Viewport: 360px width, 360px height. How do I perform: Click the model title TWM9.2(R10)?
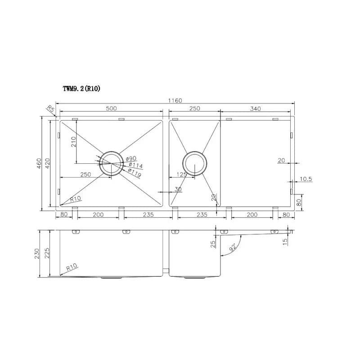pyautogui.click(x=81, y=89)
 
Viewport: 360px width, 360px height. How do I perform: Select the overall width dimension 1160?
pyautogui.click(x=175, y=100)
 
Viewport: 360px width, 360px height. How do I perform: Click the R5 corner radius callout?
pyautogui.click(x=50, y=108)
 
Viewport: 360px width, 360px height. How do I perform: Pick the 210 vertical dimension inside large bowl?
pyautogui.click(x=73, y=142)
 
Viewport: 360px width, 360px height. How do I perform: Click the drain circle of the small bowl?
pyautogui.click(x=195, y=163)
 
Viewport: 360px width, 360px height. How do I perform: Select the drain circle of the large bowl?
pyautogui.click(x=111, y=163)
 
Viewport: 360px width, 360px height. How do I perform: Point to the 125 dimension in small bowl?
pyautogui.click(x=181, y=174)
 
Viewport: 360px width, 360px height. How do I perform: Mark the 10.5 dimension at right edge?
pyautogui.click(x=306, y=179)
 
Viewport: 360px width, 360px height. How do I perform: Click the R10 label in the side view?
pyautogui.click(x=71, y=267)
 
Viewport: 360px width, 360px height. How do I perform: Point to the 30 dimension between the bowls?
pyautogui.click(x=178, y=189)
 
